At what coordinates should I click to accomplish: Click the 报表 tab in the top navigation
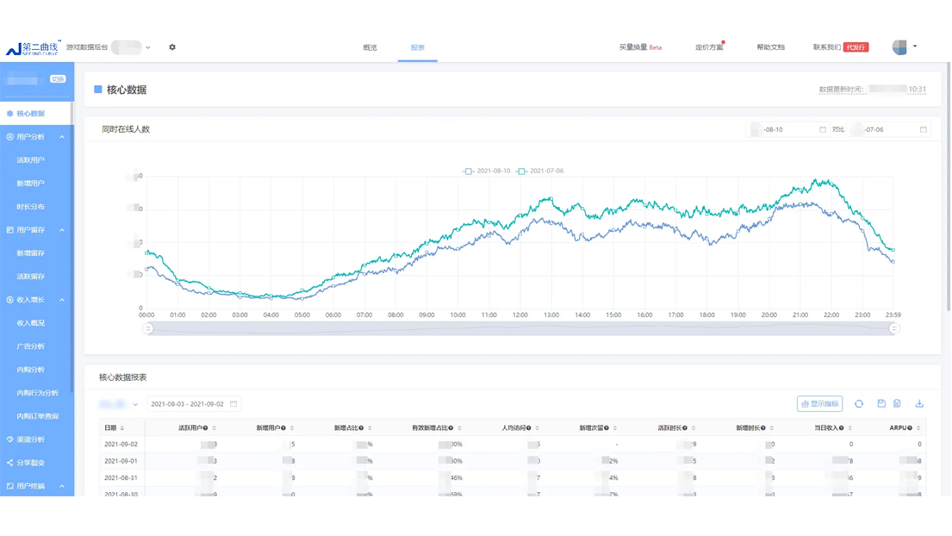click(418, 47)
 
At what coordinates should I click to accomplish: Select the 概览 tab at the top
click(370, 47)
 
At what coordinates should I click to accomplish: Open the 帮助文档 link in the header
click(770, 47)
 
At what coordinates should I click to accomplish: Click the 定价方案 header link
click(709, 47)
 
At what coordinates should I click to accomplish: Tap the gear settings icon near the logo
click(172, 47)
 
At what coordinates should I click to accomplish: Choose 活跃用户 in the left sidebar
click(31, 160)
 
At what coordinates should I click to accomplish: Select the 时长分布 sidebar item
click(31, 207)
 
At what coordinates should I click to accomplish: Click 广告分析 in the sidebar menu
click(31, 346)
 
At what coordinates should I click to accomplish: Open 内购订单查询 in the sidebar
click(38, 416)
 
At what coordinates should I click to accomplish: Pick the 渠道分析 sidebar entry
click(31, 439)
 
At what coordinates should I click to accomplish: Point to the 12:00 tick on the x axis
click(520, 315)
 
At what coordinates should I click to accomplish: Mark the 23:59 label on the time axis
click(892, 315)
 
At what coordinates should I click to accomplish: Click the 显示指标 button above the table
click(819, 403)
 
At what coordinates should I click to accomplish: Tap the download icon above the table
click(919, 403)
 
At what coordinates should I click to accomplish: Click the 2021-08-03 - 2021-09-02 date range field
click(193, 403)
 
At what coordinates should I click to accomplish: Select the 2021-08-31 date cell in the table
click(121, 477)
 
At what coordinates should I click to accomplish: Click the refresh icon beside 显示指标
click(859, 403)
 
